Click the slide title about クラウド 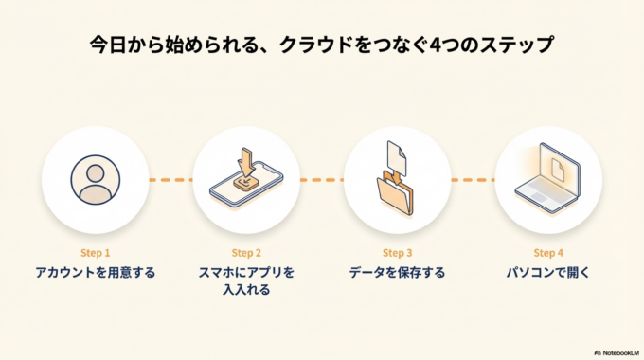321,45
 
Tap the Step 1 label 95,253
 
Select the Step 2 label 246,253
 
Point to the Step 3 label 397,253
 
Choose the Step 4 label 548,253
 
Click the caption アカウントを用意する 95,273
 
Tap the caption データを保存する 397,273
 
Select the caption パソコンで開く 548,273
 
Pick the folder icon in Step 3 397,192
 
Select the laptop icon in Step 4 548,180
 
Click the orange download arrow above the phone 246,158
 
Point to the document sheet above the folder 397,156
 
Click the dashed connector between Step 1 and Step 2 170,179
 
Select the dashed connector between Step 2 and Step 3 322,179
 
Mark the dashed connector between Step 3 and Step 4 473,179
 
